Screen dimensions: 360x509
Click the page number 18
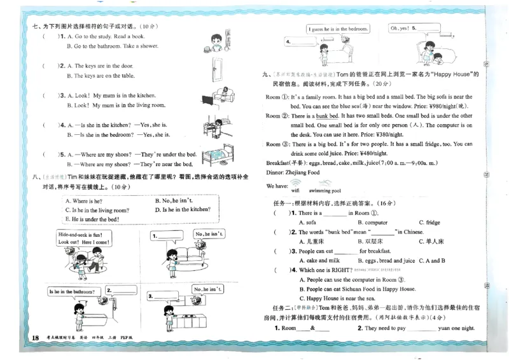pos(17,336)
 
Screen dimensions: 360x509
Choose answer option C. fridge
pos(433,223)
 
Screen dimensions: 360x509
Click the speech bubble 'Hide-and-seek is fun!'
pos(85,239)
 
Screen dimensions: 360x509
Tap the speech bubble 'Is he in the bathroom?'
pos(71,292)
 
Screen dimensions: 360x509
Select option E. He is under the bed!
pos(92,219)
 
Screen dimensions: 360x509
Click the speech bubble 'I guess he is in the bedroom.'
pos(338,29)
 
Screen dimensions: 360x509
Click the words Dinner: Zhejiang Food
pos(296,172)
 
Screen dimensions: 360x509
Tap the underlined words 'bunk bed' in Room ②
pos(327,116)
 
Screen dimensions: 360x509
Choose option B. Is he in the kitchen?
pos(182,209)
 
